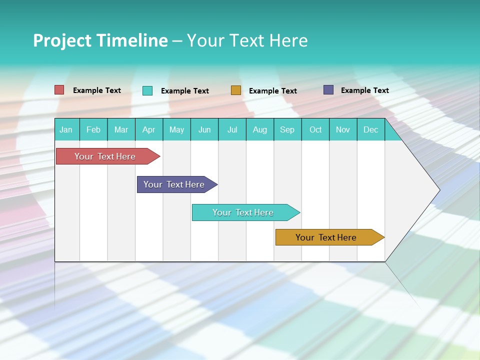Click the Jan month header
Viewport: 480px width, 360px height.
(x=66, y=129)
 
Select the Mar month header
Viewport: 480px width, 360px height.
(x=121, y=129)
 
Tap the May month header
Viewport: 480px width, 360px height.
(x=176, y=129)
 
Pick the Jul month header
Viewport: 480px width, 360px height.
(x=232, y=129)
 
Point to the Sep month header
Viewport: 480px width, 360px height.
(x=287, y=129)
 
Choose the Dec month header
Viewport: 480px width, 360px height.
(x=370, y=129)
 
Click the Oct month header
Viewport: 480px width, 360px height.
(x=315, y=129)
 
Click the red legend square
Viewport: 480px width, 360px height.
(x=59, y=90)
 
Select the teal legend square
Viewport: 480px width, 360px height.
(x=147, y=90)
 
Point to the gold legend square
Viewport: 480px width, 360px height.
(x=236, y=90)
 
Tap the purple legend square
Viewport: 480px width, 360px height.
(x=328, y=90)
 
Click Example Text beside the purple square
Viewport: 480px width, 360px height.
(x=364, y=90)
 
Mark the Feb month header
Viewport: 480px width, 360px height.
(x=93, y=129)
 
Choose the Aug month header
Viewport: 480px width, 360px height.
(x=259, y=129)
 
